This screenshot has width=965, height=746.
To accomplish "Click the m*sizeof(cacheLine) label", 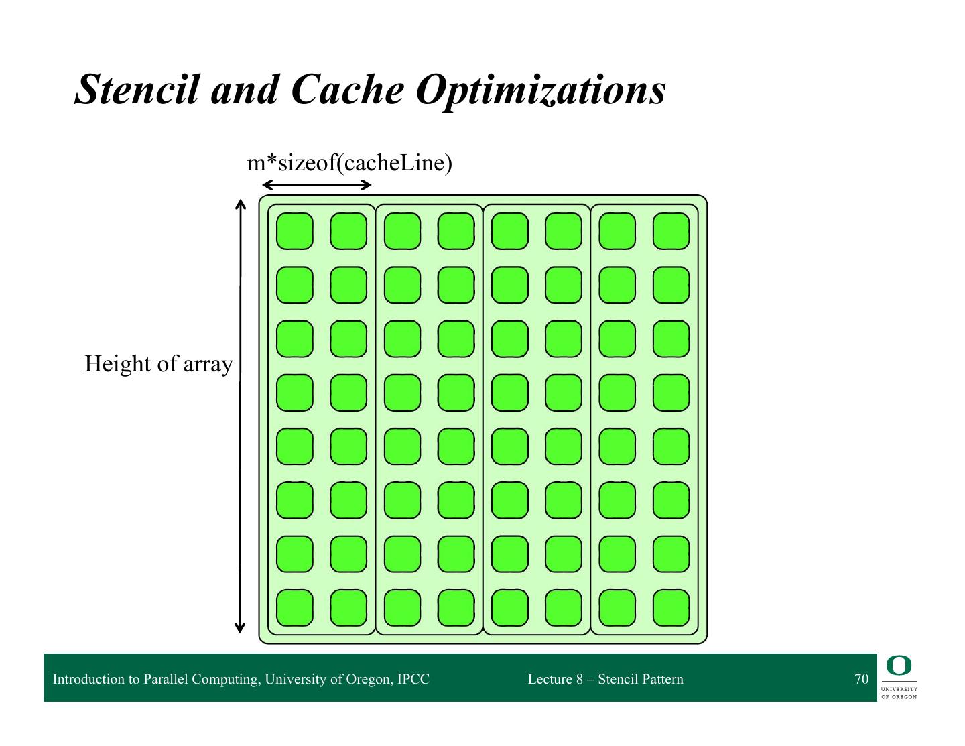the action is point(349,163).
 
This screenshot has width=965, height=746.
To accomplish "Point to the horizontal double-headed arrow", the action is point(316,185).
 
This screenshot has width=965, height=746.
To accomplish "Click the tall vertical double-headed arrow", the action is point(240,416).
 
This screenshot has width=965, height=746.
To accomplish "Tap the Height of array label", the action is point(158,364).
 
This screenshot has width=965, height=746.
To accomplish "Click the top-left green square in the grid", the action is point(295,231).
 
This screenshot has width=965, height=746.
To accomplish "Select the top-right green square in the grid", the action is point(671,231).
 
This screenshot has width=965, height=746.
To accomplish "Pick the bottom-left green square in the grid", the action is point(295,608).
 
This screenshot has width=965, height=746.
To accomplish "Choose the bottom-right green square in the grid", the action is point(671,608).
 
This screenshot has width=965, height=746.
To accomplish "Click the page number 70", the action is point(861,679).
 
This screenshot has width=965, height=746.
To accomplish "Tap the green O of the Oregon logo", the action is point(899,666).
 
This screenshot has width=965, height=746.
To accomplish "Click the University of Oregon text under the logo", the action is point(899,692).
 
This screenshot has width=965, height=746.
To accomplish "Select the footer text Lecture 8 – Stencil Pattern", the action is point(605,679).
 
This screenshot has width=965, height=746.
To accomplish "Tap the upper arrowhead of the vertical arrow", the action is point(240,203).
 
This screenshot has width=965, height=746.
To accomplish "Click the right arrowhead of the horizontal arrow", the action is point(367,185).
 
